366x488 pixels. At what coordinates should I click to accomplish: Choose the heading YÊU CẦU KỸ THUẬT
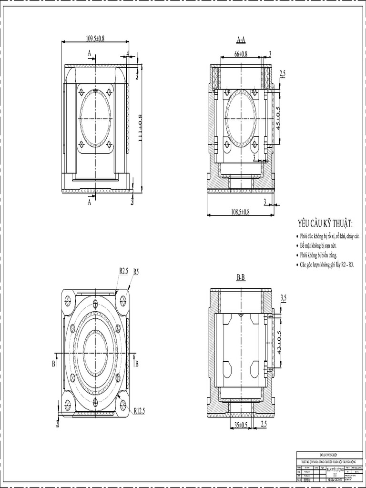(x=325, y=224)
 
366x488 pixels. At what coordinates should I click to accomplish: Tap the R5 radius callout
(x=136, y=272)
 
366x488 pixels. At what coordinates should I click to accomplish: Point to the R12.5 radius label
(x=139, y=410)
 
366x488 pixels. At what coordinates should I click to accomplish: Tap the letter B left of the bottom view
(x=53, y=364)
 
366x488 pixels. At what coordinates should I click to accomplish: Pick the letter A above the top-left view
(x=89, y=54)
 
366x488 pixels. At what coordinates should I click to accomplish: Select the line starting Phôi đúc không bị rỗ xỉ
(x=329, y=237)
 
